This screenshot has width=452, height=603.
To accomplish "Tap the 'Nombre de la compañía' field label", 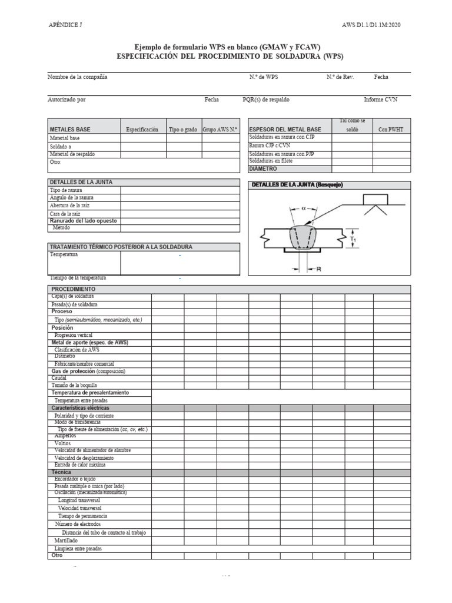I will [77, 77].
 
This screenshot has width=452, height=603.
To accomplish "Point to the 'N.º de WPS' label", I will [263, 77].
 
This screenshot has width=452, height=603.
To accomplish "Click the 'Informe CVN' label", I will [380, 100].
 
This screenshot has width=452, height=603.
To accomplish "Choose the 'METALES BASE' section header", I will [70, 130].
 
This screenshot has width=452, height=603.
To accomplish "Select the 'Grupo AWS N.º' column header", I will [220, 130].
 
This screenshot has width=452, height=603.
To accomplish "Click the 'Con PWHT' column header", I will [391, 129].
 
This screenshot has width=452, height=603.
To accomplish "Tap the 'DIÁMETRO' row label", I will [262, 168].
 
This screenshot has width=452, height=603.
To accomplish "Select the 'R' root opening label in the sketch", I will [318, 269].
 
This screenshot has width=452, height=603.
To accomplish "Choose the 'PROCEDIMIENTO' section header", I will [73, 290].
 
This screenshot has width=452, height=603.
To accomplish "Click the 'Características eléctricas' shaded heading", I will [80, 407].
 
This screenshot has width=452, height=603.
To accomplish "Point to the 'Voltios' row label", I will [62, 443].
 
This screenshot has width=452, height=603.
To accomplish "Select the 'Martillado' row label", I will [66, 540].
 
